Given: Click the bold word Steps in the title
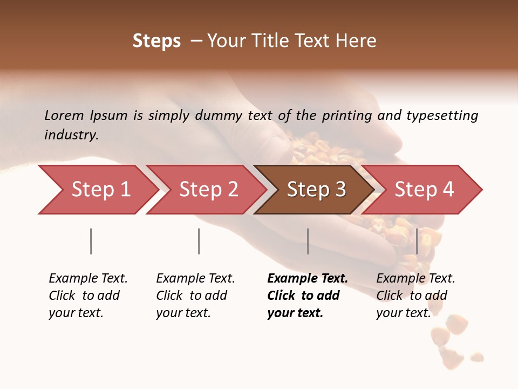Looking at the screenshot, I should (x=156, y=41).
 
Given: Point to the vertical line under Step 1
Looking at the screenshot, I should (x=91, y=241).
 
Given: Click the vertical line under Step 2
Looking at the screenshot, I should (x=199, y=241).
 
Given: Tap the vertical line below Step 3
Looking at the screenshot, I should (x=308, y=241).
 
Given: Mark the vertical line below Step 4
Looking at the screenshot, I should (x=417, y=241).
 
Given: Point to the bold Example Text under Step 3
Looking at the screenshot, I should (x=308, y=278).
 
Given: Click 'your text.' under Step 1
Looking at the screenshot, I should (x=76, y=313).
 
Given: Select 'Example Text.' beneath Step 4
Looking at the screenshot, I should (x=415, y=278).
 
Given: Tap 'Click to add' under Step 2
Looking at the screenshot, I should (x=192, y=296).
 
